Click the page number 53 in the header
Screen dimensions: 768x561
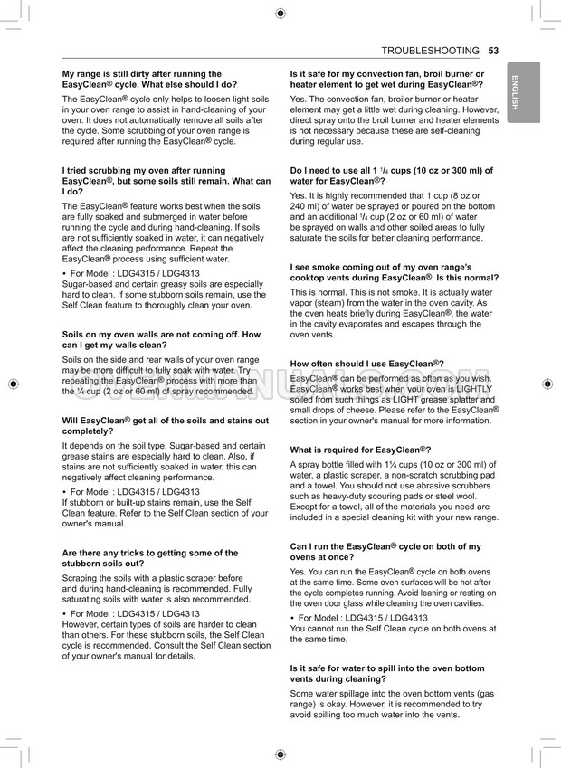coord(493,51)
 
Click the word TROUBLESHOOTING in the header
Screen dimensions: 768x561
coord(431,51)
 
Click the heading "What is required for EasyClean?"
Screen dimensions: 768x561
coord(360,450)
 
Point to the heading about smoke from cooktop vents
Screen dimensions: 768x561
coord(394,272)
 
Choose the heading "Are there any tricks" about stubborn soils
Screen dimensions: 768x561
coord(150,558)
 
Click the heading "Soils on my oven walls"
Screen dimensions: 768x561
coord(161,339)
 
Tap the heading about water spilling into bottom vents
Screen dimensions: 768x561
coord(387,672)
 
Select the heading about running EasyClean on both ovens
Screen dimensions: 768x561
coord(385,552)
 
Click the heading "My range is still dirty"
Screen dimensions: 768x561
coord(149,79)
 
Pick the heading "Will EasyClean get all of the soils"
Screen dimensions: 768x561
coord(165,426)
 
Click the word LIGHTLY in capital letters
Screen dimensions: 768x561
coord(472,388)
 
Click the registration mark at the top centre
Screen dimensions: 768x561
coord(280,13)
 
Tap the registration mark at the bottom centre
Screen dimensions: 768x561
coord(280,754)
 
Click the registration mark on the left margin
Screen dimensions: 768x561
coord(13,384)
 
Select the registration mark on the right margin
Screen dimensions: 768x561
coord(547,384)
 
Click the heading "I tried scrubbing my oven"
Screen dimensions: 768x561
coord(166,181)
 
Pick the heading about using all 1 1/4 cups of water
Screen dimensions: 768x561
coord(391,175)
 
